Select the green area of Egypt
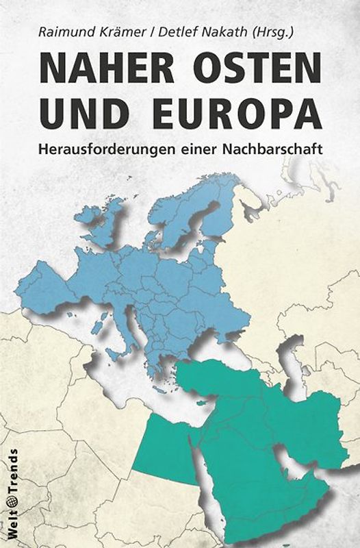(x=161, y=449)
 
